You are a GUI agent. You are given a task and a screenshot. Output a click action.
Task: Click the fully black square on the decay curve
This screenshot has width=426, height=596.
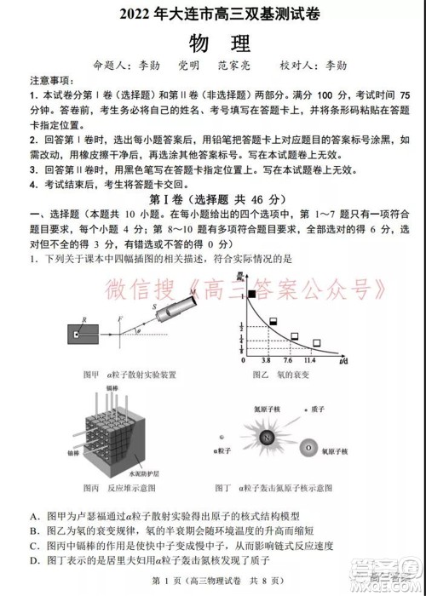[251, 295]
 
